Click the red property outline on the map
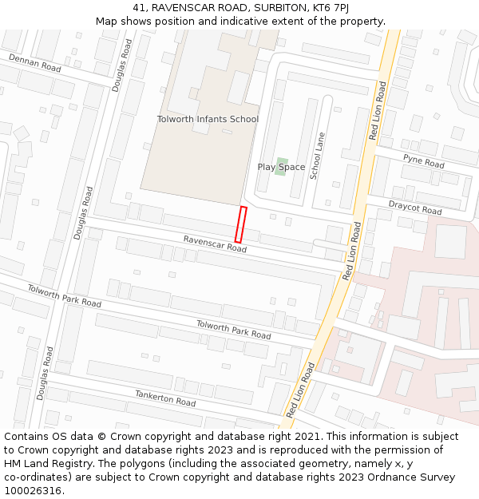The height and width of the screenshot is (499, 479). (x=240, y=224)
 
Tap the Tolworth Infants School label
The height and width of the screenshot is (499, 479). (x=208, y=119)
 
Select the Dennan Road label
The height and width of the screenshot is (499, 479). (x=34, y=63)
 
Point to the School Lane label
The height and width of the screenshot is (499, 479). (x=318, y=155)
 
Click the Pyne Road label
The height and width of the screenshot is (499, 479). (x=423, y=161)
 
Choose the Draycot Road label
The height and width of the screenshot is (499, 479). (x=415, y=208)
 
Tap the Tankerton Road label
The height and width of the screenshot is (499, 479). (x=164, y=398)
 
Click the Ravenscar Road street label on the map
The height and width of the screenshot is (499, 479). (x=215, y=244)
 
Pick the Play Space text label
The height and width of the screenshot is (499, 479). (x=281, y=167)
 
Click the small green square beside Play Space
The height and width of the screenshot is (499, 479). (x=281, y=165)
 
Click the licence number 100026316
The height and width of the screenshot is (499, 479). (x=34, y=491)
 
